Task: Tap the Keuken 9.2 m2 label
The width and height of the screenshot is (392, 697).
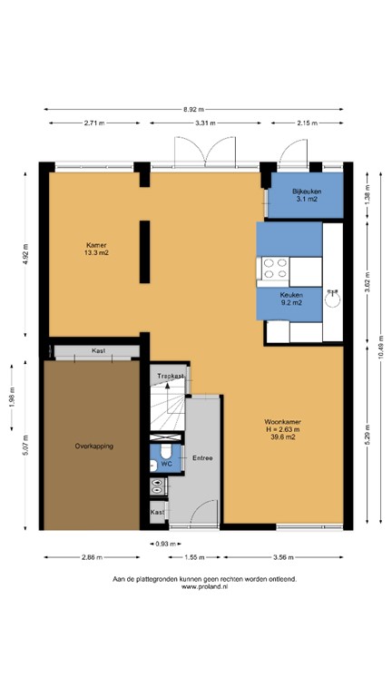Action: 290,299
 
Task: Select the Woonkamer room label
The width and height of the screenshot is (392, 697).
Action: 282,428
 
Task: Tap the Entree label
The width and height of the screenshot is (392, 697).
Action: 202,458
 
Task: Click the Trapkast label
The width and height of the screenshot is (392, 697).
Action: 170,376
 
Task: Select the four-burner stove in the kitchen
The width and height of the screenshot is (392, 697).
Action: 275,268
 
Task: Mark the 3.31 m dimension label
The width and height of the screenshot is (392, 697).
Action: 205,123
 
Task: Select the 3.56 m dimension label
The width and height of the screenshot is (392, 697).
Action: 284,555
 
